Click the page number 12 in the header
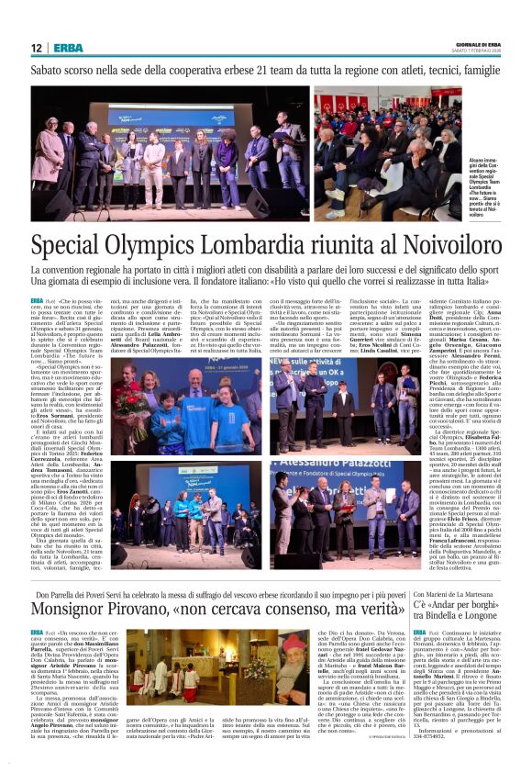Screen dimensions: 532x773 36,49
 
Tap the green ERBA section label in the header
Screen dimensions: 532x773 67,49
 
